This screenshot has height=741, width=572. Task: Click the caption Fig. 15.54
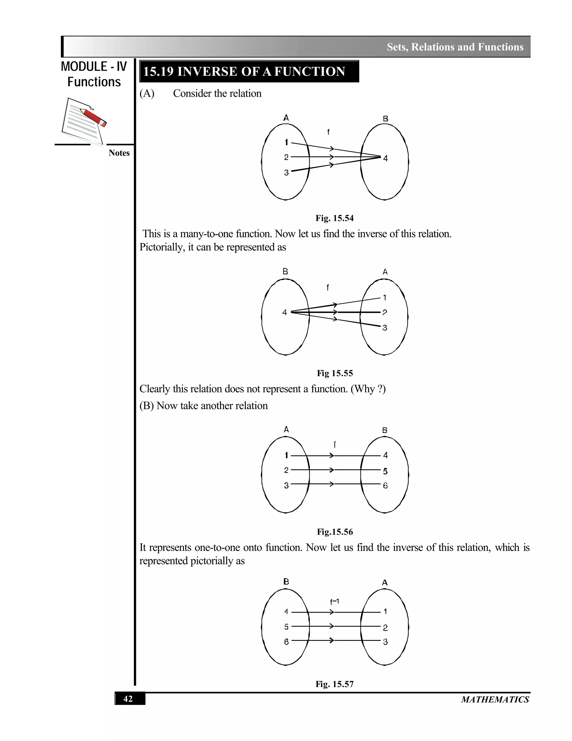point(334,218)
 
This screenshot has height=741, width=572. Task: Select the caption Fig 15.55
point(334,373)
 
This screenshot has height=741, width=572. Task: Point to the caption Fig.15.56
point(334,532)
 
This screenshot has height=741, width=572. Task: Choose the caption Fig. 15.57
point(334,684)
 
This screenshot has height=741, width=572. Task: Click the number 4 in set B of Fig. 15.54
point(385,158)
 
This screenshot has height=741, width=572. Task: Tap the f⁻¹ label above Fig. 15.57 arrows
point(334,601)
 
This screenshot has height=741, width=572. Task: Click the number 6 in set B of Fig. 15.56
point(385,485)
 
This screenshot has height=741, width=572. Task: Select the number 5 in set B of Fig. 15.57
point(286,627)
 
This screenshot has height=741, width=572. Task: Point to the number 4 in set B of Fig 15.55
point(285,312)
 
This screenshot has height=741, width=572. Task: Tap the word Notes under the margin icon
point(119,153)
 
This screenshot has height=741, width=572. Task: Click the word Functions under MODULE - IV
point(94,82)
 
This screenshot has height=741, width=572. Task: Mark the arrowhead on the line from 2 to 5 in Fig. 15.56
point(332,470)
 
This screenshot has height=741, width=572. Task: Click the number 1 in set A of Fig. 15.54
point(286,143)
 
